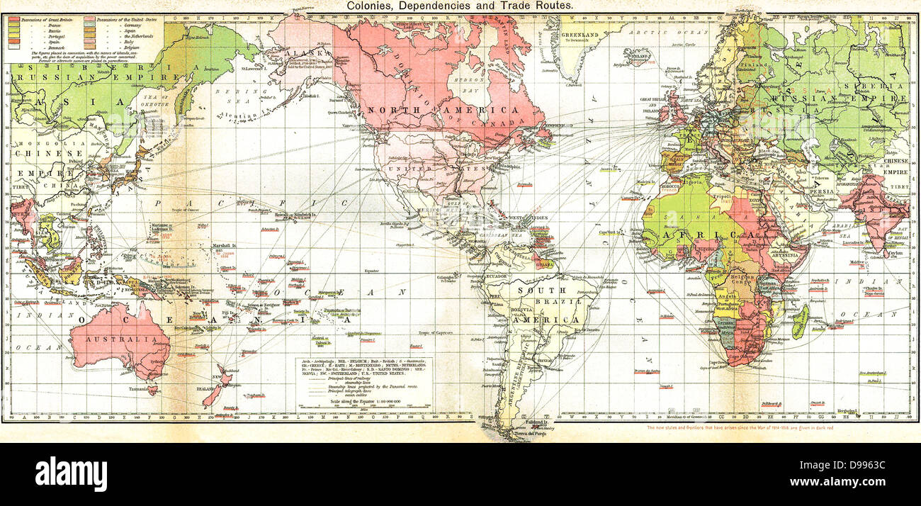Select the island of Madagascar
point(799,320)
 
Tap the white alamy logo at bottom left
point(71,473)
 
